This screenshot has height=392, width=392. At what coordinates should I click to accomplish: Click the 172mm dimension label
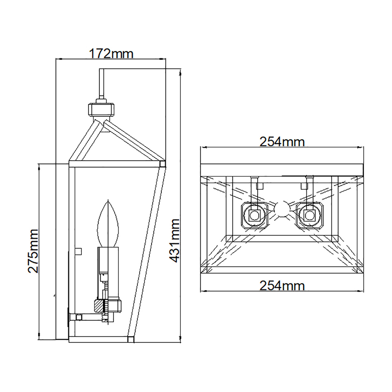pos(111,54)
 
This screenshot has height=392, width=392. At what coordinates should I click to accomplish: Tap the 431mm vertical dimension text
pos(174,241)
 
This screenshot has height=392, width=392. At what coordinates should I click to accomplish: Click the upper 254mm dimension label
pos(282,142)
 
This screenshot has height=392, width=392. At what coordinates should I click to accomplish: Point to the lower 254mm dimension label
pos(282,286)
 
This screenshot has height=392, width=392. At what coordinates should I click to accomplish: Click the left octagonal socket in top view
pos(254,216)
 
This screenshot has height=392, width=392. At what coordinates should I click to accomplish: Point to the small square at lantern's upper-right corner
pos(162,164)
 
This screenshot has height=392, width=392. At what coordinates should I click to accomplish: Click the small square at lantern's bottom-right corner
pos(130,339)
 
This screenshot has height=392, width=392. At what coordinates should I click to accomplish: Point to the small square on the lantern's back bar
pos(78,251)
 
